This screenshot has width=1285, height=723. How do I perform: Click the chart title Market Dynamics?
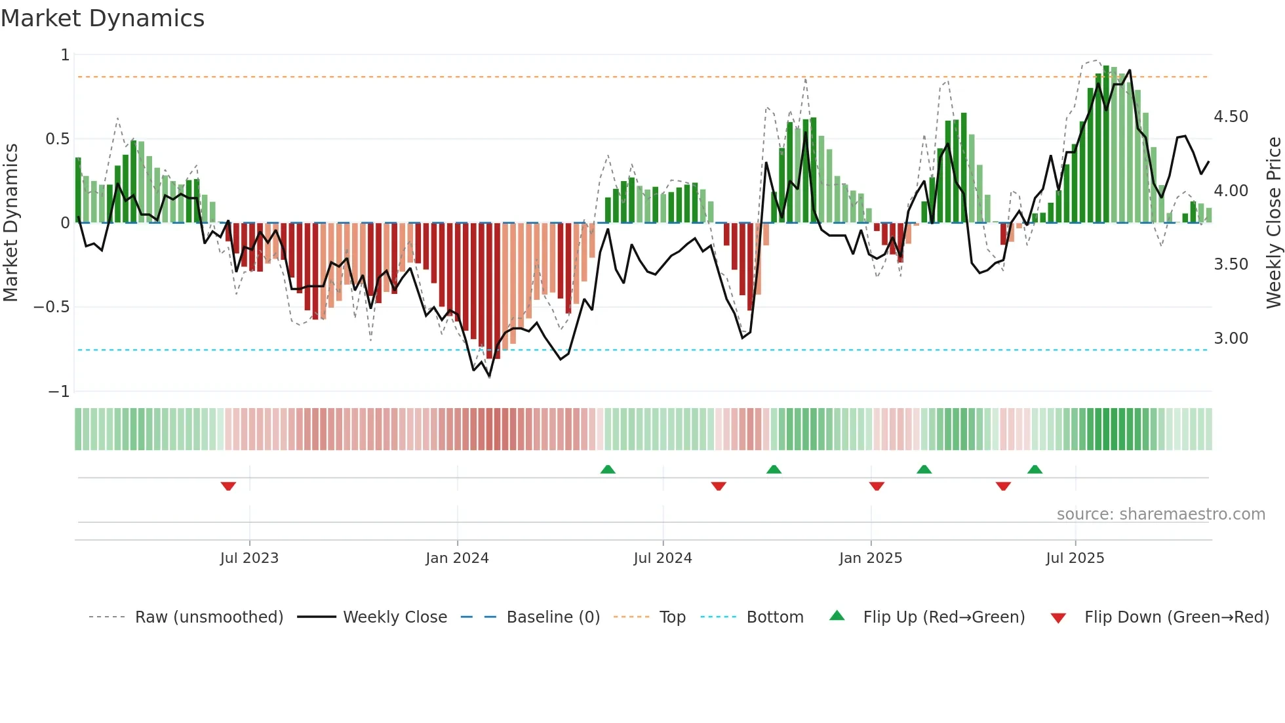pos(103,18)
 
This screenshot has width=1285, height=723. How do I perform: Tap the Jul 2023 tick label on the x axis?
pos(249,558)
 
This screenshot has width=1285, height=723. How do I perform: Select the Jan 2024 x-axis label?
pos(457,558)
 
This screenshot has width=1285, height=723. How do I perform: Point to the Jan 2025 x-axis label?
pos(871,558)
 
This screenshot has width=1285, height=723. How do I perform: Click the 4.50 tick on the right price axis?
pos(1231,117)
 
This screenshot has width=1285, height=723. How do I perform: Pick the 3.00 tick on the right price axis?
pos(1231,339)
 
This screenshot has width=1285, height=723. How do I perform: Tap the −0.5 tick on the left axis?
pos(51,307)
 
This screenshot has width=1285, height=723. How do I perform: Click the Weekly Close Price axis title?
pos(1273,223)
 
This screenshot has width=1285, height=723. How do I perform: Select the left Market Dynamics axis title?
pos(10,223)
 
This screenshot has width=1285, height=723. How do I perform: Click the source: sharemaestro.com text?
pos(1160,514)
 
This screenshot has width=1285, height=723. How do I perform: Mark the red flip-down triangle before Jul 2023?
pos(228,486)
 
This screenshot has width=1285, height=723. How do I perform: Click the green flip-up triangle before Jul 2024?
pos(608,469)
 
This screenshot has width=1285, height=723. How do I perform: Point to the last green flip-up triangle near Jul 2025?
pos(1035,469)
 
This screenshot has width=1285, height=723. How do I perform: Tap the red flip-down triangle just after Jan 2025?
pos(877,486)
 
